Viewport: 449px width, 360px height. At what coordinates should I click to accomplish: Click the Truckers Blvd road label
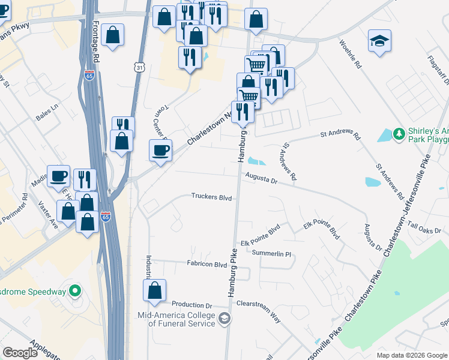pyautogui.click(x=211, y=196)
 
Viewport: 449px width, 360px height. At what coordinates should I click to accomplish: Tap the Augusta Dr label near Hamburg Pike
pyautogui.click(x=261, y=178)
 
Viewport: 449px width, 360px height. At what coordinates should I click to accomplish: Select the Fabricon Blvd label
pyautogui.click(x=206, y=264)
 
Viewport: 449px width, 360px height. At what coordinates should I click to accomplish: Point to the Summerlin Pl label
pyautogui.click(x=271, y=254)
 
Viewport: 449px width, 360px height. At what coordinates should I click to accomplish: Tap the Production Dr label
pyautogui.click(x=192, y=305)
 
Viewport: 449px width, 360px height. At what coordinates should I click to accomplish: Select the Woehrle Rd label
pyautogui.click(x=349, y=53)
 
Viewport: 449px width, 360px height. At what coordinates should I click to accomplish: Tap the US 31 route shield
pyautogui.click(x=139, y=68)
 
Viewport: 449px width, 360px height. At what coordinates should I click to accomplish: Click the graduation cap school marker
pyautogui.click(x=379, y=41)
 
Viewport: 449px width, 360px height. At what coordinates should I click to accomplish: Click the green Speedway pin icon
pyautogui.click(x=74, y=292)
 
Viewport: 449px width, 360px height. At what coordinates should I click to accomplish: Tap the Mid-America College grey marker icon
pyautogui.click(x=224, y=317)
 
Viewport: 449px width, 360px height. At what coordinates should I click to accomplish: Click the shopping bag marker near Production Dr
pyautogui.click(x=155, y=290)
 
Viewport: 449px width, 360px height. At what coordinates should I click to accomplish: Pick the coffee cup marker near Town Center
pyautogui.click(x=161, y=150)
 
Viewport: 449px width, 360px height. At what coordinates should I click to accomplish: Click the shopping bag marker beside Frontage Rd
pyautogui.click(x=112, y=35)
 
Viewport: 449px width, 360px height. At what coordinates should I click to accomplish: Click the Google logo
pyautogui.click(x=20, y=353)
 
